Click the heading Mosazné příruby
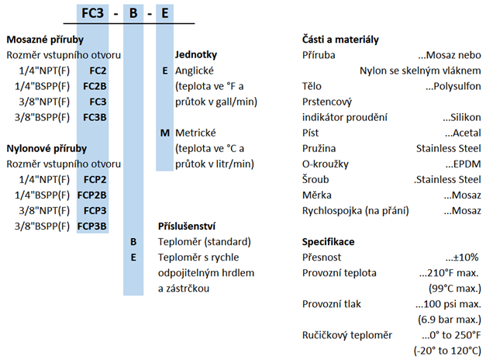click(45, 40)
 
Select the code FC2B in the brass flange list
click(95, 86)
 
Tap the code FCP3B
click(91, 227)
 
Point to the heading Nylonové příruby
click(47, 149)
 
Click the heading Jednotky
click(196, 55)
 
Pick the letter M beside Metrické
click(165, 133)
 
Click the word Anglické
click(195, 71)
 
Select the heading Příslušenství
click(187, 227)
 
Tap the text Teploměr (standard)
click(205, 242)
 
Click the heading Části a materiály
click(340, 40)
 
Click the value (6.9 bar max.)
click(450, 320)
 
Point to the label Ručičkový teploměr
click(347, 335)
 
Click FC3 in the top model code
click(92, 13)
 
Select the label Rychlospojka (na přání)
click(356, 211)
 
